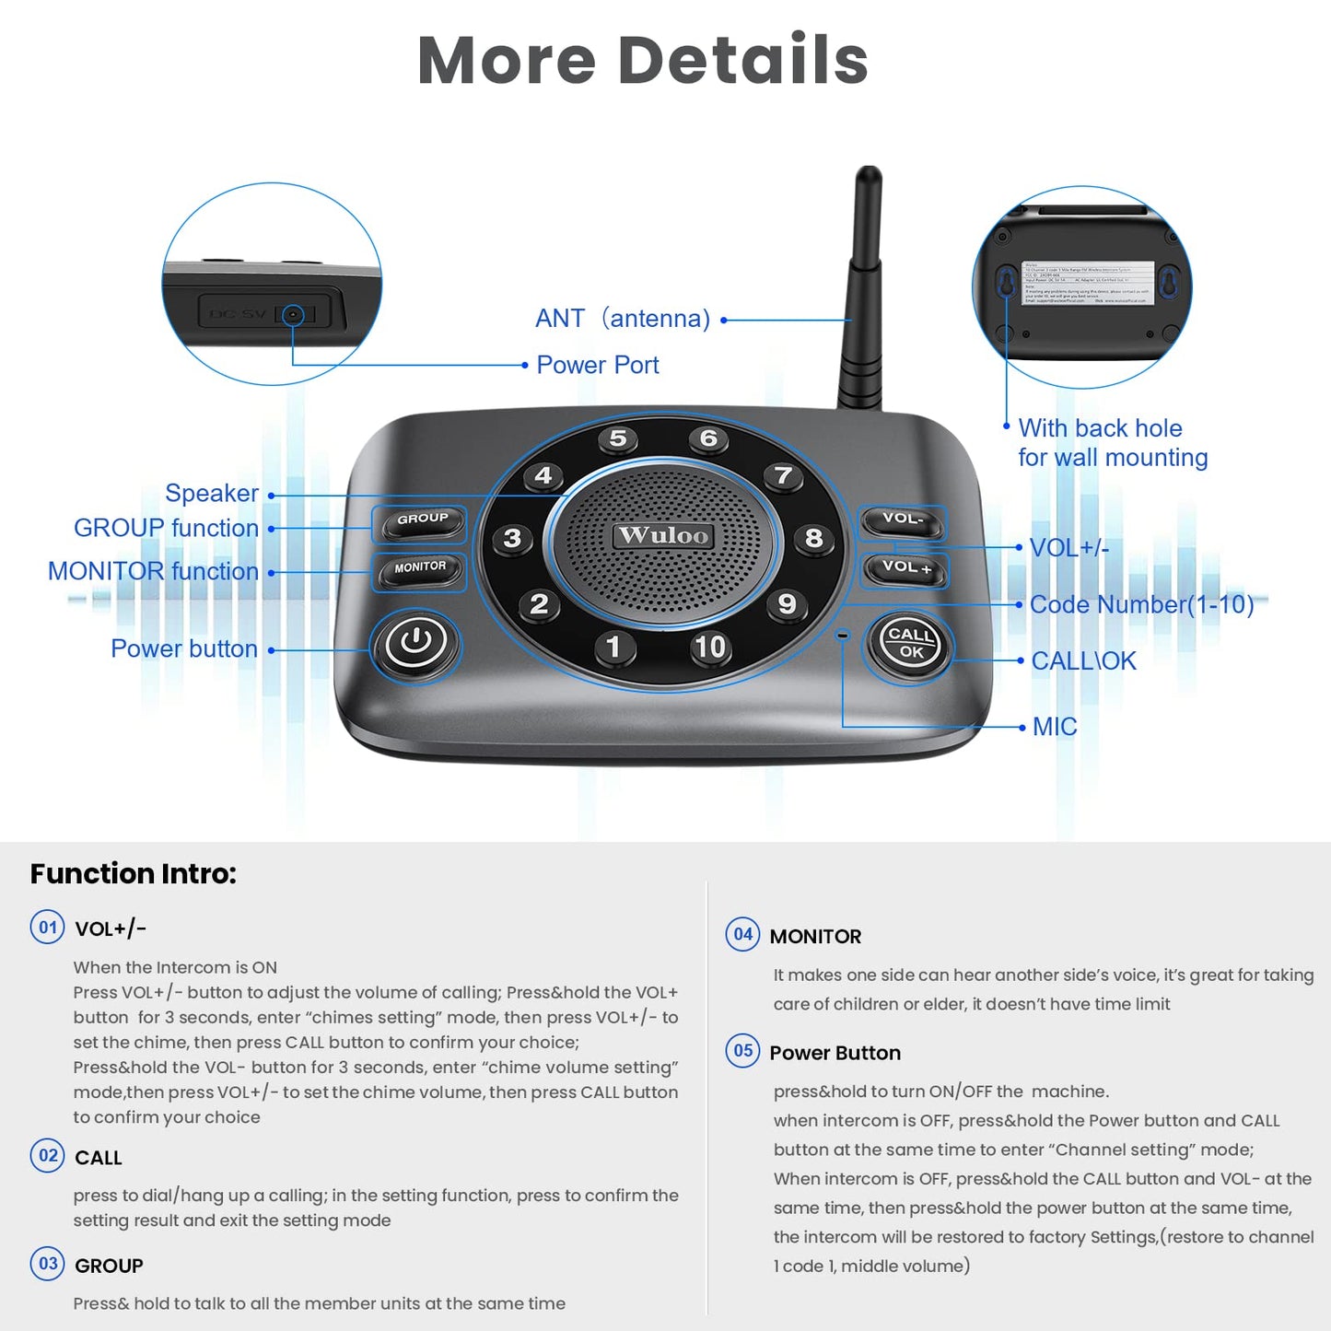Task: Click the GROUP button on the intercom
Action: click(421, 521)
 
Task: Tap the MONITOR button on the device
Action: click(419, 569)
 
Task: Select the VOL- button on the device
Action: click(902, 520)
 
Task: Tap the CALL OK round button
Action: click(910, 643)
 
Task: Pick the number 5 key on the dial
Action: click(618, 439)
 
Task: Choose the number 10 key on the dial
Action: click(709, 647)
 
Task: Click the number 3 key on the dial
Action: click(512, 539)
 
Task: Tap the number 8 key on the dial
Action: click(813, 538)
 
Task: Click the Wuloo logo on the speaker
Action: click(663, 535)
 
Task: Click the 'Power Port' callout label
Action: click(597, 366)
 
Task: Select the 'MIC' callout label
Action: click(1054, 727)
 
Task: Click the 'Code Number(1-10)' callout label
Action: click(1141, 605)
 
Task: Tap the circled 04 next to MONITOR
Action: click(742, 934)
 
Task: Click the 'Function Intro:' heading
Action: click(134, 873)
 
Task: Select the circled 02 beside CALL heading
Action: click(48, 1155)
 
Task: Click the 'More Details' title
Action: click(643, 61)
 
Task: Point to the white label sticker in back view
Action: click(1088, 283)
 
